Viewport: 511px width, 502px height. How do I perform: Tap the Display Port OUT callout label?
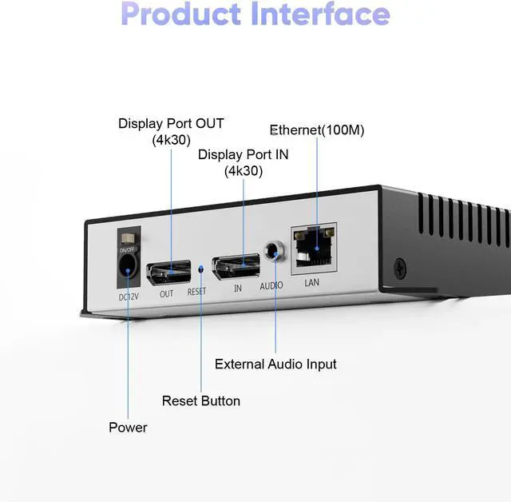171,131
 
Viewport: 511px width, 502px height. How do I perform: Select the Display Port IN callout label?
243,162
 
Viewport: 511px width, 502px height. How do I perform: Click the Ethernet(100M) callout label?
317,129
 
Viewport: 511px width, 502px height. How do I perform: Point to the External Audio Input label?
275,364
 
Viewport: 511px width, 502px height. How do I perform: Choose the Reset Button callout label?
200,400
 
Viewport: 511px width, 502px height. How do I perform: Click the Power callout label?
128,428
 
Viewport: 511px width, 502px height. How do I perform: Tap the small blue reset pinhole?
200,269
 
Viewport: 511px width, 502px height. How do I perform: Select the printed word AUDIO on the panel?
271,286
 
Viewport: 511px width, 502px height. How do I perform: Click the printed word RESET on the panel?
196,292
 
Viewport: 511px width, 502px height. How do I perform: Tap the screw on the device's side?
399,265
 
